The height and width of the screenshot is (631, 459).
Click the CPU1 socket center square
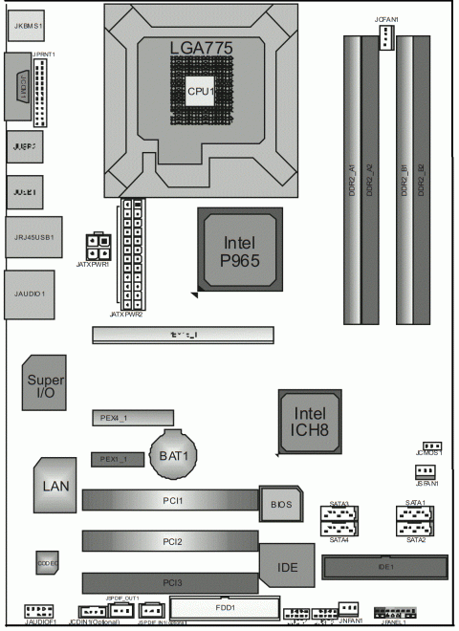[x=199, y=92]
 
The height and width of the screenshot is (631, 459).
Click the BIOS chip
[x=280, y=503]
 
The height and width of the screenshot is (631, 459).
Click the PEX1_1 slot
[x=117, y=460]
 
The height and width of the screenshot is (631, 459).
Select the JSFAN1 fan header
[x=426, y=471]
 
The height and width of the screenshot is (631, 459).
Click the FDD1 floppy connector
[x=224, y=607]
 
